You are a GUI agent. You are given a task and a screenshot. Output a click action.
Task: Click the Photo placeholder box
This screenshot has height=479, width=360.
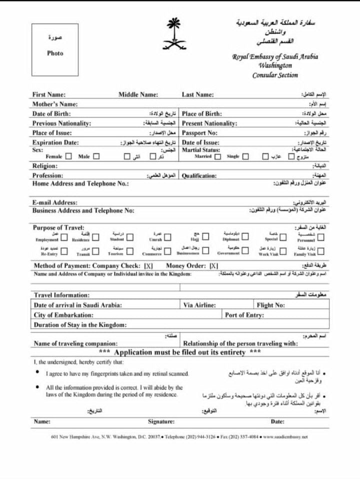click(x=55, y=49)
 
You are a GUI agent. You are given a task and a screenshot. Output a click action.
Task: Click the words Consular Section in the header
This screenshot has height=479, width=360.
click(x=274, y=75)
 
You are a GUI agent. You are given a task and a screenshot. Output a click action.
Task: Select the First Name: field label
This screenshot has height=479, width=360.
click(x=49, y=94)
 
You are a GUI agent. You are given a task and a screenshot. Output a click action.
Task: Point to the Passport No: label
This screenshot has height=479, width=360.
click(x=199, y=133)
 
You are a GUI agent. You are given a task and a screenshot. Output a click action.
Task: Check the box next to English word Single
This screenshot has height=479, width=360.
click(x=245, y=156)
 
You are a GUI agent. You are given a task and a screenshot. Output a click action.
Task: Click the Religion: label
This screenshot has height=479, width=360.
click(x=45, y=166)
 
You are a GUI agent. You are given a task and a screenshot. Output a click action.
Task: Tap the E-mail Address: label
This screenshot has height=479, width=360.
click(x=55, y=202)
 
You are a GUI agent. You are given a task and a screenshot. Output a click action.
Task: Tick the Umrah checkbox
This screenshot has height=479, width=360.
click(x=168, y=237)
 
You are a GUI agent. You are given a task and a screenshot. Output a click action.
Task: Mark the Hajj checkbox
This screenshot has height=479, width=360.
click(x=205, y=237)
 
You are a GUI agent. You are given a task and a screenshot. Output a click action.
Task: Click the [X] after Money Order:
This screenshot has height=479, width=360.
click(x=214, y=265)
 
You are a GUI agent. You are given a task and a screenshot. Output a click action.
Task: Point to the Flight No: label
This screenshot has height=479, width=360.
click(x=270, y=305)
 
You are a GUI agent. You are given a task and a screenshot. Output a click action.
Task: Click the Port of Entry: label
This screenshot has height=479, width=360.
click(x=244, y=315)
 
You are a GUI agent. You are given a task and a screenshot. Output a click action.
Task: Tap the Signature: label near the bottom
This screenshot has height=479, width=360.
click(x=161, y=421)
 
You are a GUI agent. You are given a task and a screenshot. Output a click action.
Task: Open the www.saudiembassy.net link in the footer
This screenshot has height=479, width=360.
click(x=285, y=436)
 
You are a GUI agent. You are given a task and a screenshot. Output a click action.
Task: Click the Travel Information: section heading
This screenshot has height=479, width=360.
click(x=61, y=295)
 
